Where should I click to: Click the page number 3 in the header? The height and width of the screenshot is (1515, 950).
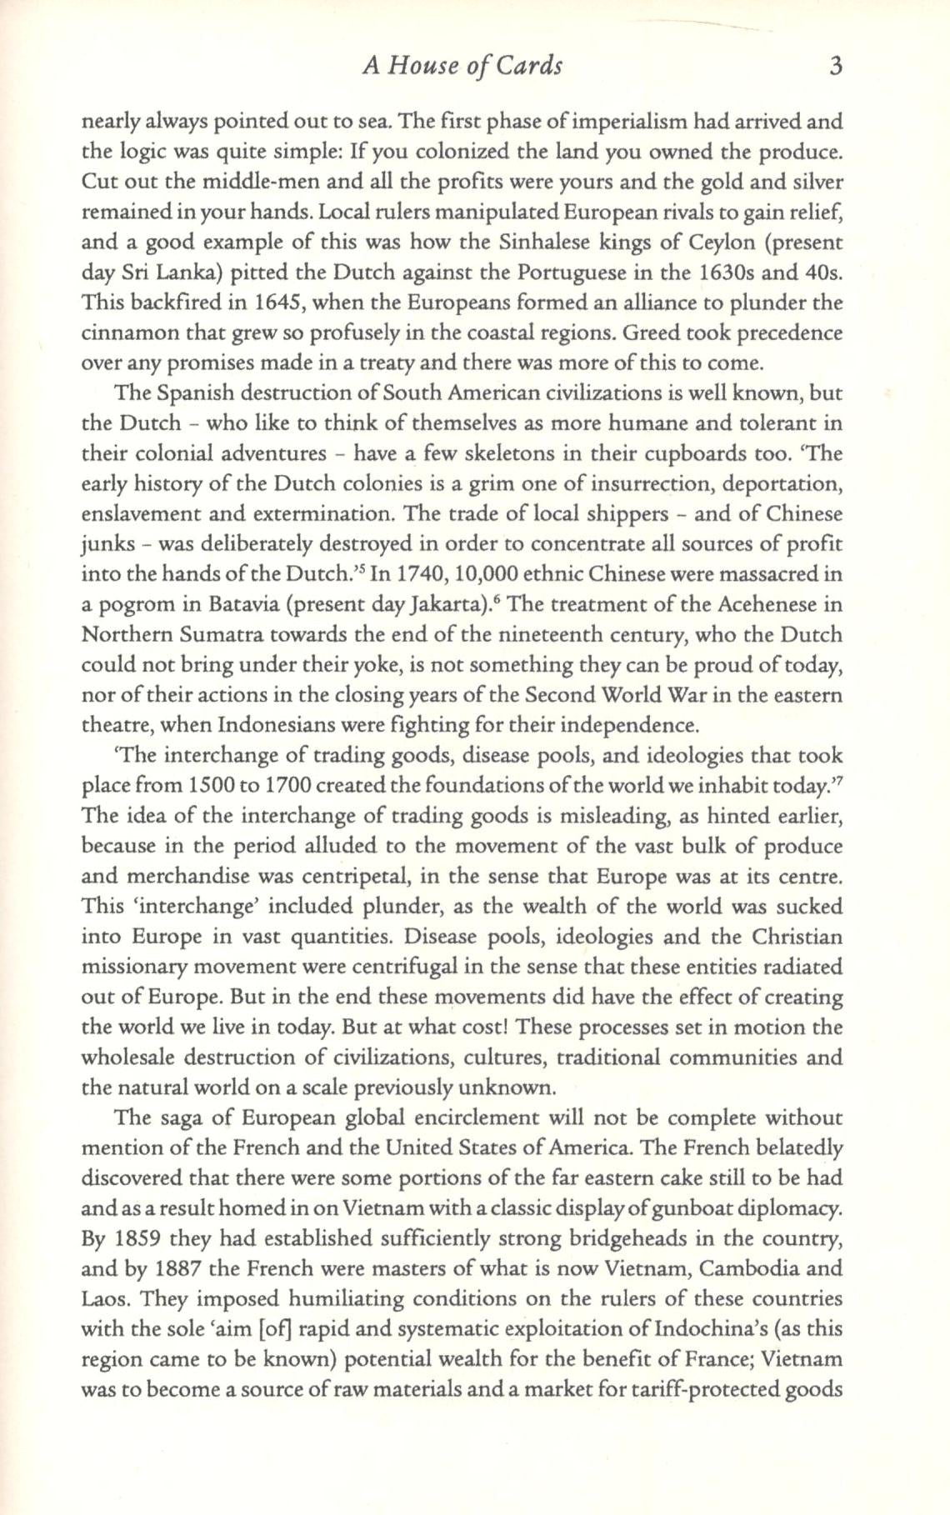[x=836, y=66]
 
